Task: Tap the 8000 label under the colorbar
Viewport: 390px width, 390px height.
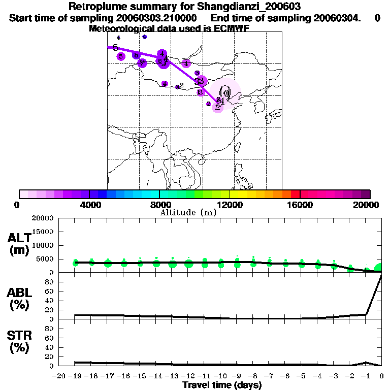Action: point(159,205)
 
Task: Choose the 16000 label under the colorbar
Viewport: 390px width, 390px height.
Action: point(300,205)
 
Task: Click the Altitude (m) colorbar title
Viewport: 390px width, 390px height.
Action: point(188,213)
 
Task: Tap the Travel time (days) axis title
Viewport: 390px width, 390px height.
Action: point(222,385)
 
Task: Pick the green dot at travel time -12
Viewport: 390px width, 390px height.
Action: point(188,264)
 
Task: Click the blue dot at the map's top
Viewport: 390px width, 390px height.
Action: point(145,37)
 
